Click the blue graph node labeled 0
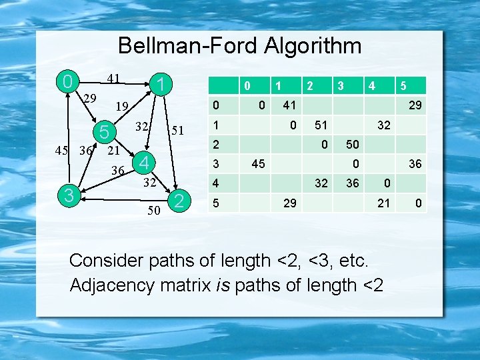coord(67,83)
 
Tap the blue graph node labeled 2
coord(177,201)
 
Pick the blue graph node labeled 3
coord(68,195)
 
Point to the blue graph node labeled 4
coord(145,162)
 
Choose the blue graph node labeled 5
coord(104,132)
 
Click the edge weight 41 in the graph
coord(113,79)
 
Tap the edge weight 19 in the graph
coord(121,106)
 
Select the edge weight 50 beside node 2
coord(153,211)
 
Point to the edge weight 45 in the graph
coord(62,150)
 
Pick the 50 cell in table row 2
coord(353,144)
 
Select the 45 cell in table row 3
coord(259,163)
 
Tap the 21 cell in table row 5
coord(383,203)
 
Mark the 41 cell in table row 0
coord(289,105)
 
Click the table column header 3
coord(340,85)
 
